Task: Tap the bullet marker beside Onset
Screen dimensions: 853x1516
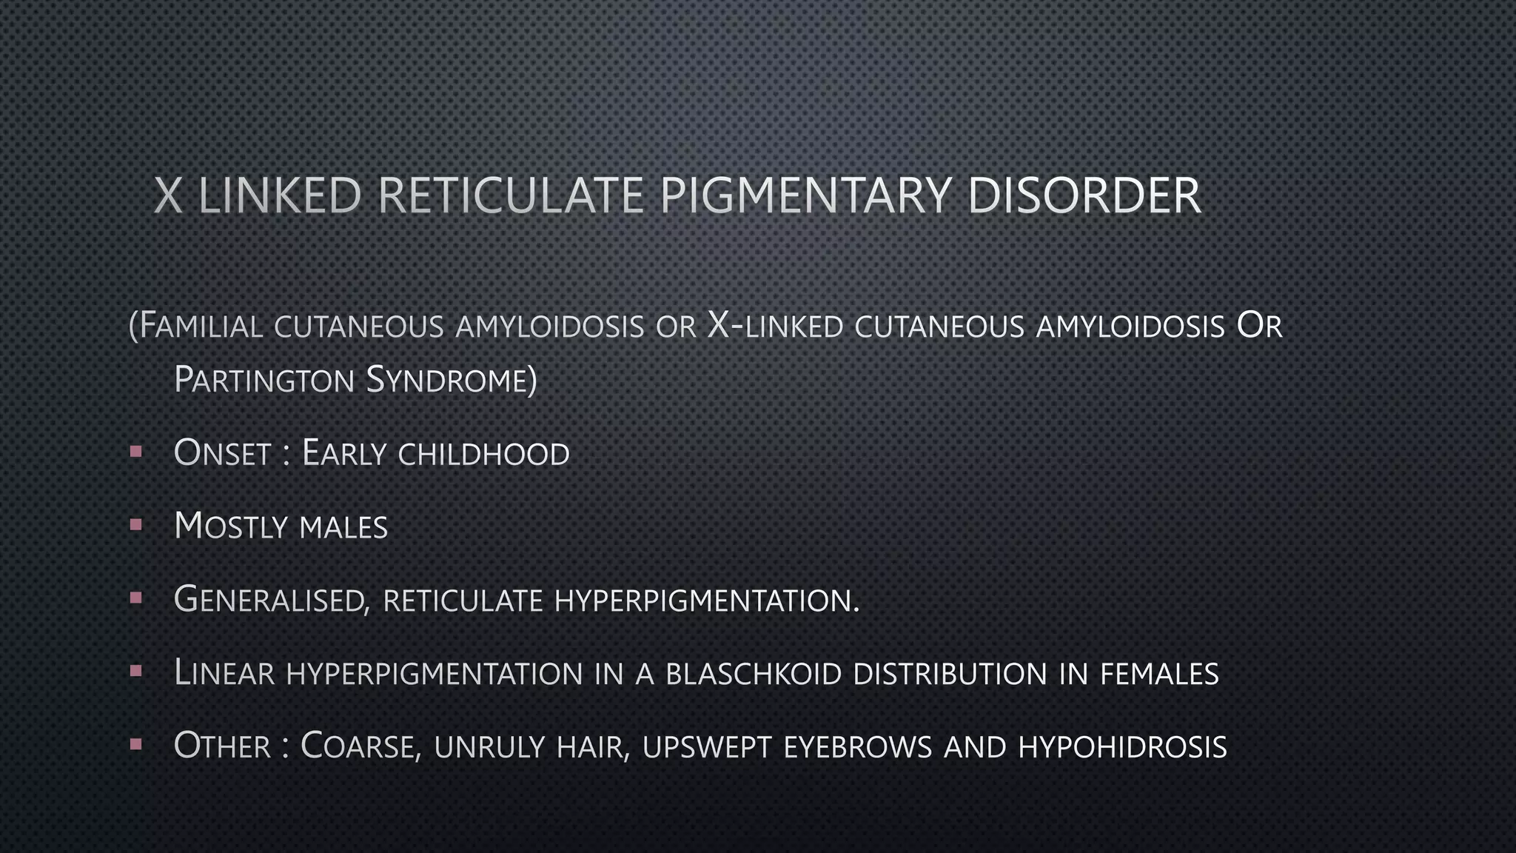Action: [x=135, y=451]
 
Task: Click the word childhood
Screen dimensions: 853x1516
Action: [x=483, y=454]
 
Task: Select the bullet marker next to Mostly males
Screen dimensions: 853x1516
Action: [x=135, y=524]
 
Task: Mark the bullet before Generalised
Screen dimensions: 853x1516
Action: [x=135, y=597]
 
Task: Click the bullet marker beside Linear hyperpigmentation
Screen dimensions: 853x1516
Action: [x=135, y=670]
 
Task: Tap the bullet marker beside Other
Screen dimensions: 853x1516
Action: [x=135, y=743]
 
